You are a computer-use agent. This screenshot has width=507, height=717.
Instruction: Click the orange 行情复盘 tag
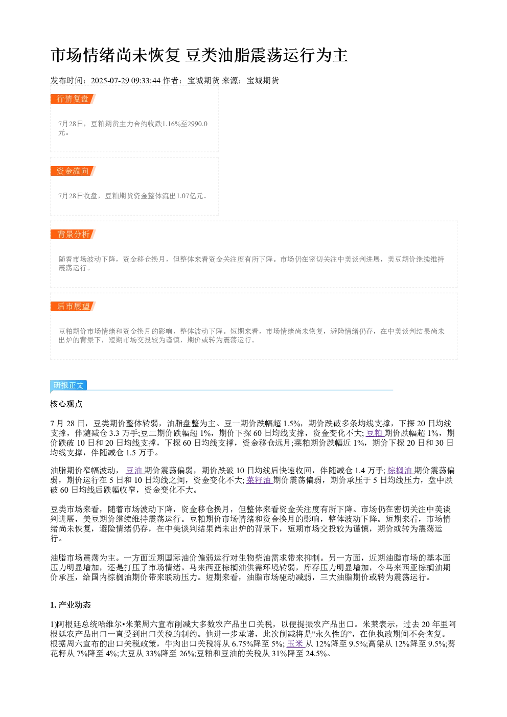tap(73, 99)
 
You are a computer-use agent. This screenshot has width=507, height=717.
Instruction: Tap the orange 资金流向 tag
tap(73, 171)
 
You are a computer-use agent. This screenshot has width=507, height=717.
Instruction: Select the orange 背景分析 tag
tap(73, 234)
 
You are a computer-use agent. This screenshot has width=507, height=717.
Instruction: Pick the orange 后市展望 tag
tap(73, 306)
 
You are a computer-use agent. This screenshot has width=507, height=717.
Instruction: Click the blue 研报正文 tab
tap(68, 385)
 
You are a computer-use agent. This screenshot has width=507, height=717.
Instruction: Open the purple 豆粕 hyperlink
tap(375, 433)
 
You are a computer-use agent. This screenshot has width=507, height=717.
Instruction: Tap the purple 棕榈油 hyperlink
tap(401, 470)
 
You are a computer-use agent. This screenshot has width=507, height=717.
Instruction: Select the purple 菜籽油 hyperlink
tap(260, 480)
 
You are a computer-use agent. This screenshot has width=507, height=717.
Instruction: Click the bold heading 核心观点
tap(66, 404)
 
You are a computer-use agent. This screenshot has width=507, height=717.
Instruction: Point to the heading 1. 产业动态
tap(71, 605)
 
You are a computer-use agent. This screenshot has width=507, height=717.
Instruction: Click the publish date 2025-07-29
tap(110, 81)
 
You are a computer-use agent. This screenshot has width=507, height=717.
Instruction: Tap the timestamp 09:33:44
tap(146, 81)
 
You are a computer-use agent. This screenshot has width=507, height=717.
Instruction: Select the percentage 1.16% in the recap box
tap(171, 124)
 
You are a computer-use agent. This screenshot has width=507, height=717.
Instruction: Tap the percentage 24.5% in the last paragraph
tap(314, 653)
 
